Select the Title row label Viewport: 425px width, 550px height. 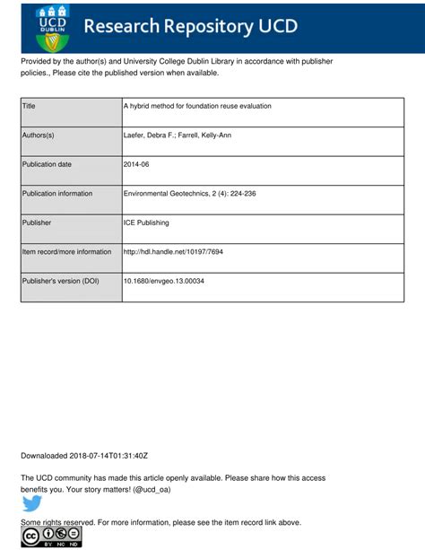(x=29, y=106)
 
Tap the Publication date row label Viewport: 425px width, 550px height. (x=47, y=164)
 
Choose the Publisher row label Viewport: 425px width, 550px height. (x=37, y=223)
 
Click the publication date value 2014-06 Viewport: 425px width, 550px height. (x=137, y=164)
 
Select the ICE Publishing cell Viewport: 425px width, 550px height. (x=146, y=223)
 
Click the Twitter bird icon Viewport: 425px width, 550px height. (x=32, y=504)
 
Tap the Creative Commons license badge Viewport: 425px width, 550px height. (x=51, y=537)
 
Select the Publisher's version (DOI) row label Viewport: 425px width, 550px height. (x=60, y=281)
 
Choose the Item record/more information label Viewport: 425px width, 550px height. (x=66, y=252)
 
